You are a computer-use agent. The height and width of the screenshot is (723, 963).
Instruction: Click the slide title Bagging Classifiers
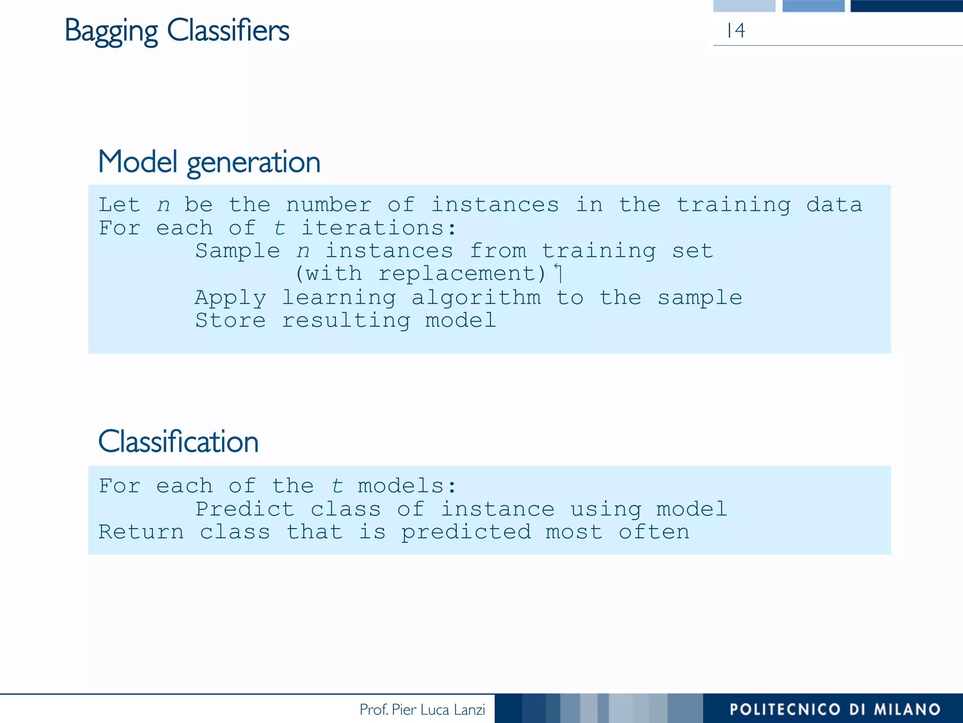pyautogui.click(x=177, y=31)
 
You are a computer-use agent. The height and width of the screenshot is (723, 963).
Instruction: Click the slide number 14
pyautogui.click(x=735, y=31)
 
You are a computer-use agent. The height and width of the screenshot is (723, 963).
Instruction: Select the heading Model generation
pyautogui.click(x=209, y=162)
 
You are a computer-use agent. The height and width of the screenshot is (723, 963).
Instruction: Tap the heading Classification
pyautogui.click(x=178, y=442)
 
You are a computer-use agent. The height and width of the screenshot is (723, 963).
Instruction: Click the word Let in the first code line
pyautogui.click(x=119, y=205)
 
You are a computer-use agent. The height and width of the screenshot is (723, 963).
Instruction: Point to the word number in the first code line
pyautogui.click(x=329, y=205)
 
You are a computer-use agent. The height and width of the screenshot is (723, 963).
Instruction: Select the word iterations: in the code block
pyautogui.click(x=378, y=228)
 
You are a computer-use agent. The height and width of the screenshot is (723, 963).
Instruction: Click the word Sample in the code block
pyautogui.click(x=237, y=251)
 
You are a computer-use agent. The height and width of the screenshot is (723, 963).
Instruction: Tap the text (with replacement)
pyautogui.click(x=420, y=273)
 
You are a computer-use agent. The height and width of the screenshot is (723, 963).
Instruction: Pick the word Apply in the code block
pyautogui.click(x=230, y=297)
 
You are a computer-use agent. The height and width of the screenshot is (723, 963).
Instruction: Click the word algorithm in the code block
pyautogui.click(x=476, y=297)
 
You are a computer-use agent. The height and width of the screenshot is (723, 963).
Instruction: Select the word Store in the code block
pyautogui.click(x=230, y=321)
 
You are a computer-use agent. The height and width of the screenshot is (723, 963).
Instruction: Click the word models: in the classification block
pyautogui.click(x=407, y=486)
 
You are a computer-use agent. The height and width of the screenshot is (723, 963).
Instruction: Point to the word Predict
pyautogui.click(x=245, y=509)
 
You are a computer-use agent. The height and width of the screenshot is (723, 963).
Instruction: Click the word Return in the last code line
pyautogui.click(x=141, y=532)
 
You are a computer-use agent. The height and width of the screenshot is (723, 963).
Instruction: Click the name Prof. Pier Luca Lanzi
pyautogui.click(x=422, y=709)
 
